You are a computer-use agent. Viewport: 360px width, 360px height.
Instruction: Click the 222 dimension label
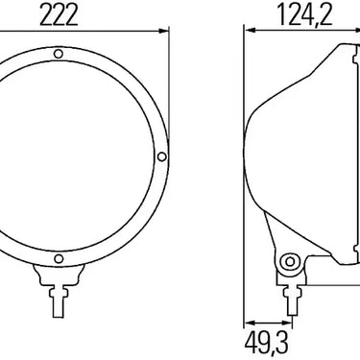[59, 15]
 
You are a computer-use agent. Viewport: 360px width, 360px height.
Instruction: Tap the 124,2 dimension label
[305, 15]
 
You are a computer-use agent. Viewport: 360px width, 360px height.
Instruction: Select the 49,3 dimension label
[267, 343]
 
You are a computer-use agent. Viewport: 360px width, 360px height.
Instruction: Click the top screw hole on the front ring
[58, 54]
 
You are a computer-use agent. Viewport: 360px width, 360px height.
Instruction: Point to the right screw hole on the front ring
[162, 156]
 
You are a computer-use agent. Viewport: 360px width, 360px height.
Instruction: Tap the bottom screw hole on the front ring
[59, 258]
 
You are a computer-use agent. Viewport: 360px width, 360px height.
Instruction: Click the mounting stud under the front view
[59, 302]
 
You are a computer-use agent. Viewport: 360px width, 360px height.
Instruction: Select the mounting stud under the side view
[292, 300]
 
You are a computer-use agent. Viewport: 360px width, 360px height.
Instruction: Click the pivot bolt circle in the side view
[290, 262]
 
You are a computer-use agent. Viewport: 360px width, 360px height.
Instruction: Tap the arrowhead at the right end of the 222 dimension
[164, 31]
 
